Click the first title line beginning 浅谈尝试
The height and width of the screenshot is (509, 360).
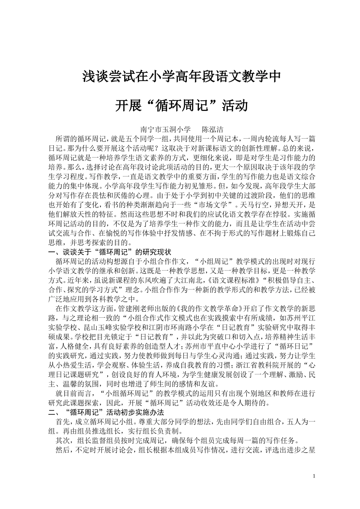(x=182, y=77)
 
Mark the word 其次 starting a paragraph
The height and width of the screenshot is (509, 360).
(x=63, y=440)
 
